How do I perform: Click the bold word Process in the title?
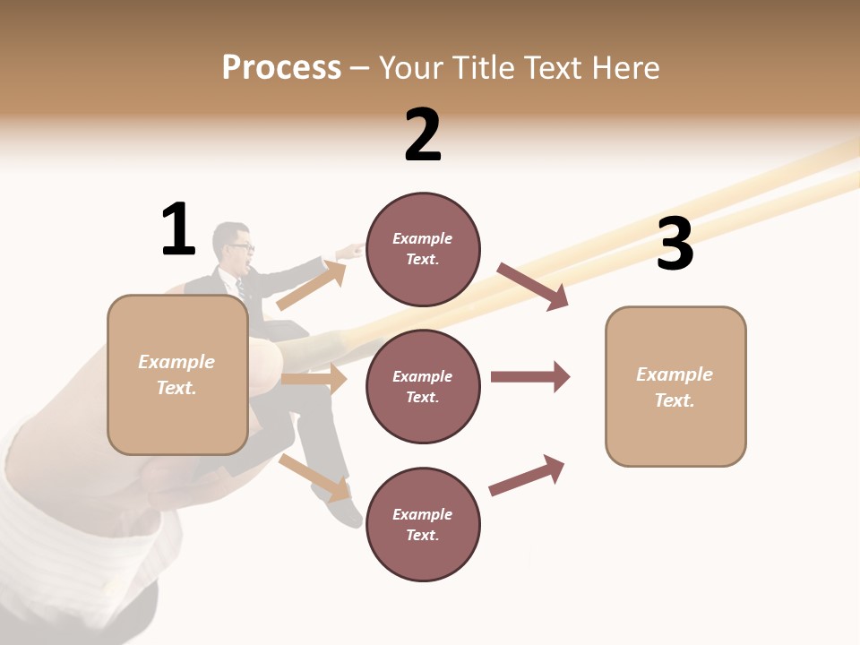(281, 68)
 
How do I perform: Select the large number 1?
(178, 229)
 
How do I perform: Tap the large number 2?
(423, 136)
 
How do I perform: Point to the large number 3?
(675, 245)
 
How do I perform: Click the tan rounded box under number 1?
(177, 374)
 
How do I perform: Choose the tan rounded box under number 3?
(675, 386)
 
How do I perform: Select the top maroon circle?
(423, 249)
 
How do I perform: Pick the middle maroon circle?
(423, 386)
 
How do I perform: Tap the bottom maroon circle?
(423, 524)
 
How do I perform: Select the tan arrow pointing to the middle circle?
(314, 379)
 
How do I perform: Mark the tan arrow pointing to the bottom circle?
(314, 477)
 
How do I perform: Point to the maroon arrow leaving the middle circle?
(529, 376)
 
